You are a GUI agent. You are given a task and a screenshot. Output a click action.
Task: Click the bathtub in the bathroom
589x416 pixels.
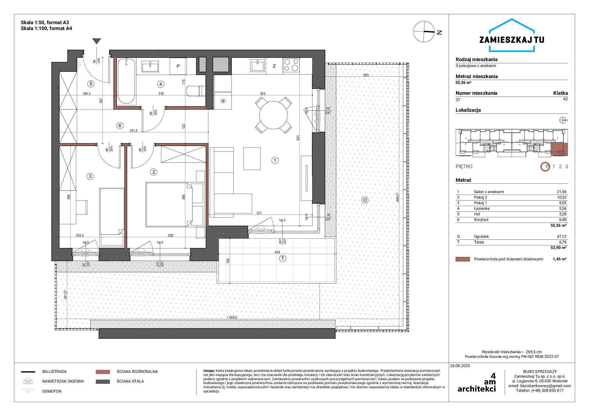[126, 81]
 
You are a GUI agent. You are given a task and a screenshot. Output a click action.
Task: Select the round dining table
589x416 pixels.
[273, 115]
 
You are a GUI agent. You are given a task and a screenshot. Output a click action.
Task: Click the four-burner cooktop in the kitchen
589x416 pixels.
[291, 65]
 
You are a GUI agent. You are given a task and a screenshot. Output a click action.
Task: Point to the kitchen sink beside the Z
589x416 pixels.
[258, 65]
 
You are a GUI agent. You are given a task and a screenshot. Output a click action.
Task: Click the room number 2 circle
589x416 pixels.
[154, 172]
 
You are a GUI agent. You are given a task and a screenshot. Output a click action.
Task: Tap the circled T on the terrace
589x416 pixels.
[283, 259]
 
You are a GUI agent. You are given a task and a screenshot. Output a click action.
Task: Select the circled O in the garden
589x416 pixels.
[365, 200]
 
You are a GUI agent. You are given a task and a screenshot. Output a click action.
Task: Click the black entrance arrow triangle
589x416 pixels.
[97, 41]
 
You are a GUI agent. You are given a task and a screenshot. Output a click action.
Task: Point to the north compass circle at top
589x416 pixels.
[424, 32]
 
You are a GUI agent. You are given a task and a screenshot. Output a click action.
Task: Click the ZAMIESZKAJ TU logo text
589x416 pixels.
[512, 40]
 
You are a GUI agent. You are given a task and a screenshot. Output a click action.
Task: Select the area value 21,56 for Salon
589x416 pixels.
[561, 192]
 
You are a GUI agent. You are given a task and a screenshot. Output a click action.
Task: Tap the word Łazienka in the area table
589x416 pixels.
[482, 208]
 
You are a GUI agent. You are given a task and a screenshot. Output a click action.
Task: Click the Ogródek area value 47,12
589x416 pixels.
[561, 236]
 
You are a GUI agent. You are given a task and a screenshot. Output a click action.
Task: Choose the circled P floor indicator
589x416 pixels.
[545, 167]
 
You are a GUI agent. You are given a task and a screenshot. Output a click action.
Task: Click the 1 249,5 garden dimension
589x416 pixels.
[232, 317]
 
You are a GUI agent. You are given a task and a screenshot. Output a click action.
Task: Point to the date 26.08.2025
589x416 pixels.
[460, 366]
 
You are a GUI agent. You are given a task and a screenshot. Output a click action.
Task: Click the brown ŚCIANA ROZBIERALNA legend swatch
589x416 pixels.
[103, 372]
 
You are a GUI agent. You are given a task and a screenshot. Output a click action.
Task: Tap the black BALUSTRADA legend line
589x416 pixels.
[28, 372]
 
